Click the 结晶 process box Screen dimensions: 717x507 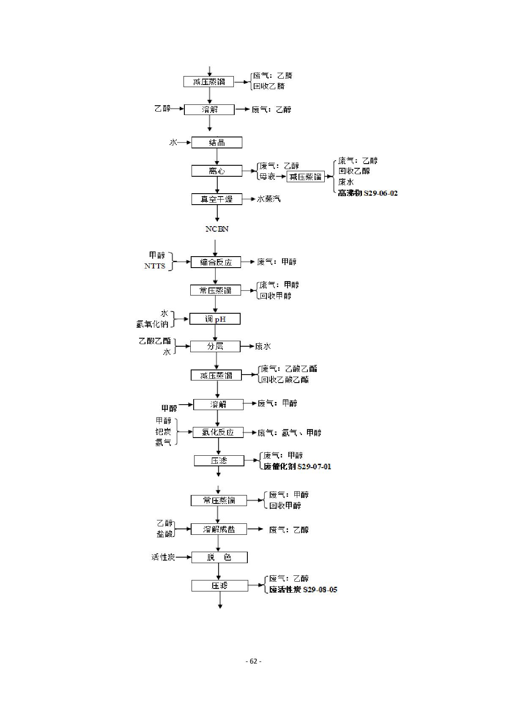pos(217,142)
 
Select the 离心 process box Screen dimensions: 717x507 pos(217,171)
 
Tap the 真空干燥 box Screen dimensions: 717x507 pos(217,199)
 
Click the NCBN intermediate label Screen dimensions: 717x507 pos(217,229)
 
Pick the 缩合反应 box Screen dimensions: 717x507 pos(216,262)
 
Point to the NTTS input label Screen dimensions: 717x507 pos(155,266)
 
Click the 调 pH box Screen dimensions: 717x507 pos(215,319)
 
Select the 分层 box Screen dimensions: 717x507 pos(215,346)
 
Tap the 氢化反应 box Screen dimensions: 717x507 pos(218,432)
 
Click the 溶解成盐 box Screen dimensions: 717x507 pos(219,529)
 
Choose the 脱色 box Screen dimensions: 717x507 pos(219,557)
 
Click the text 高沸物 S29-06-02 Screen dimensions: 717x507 pos(367,193)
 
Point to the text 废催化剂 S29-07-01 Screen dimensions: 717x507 pos(297,467)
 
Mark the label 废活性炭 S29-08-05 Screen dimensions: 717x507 pos(303,590)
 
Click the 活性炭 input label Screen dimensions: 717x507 pos(163,557)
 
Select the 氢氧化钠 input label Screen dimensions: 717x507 pos(152,324)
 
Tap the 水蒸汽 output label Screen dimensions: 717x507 pos(269,199)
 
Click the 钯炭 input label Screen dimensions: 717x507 pos(163,432)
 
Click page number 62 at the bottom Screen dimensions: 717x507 pos(253,661)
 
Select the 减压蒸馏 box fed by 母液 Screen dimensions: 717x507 pos(305,177)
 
